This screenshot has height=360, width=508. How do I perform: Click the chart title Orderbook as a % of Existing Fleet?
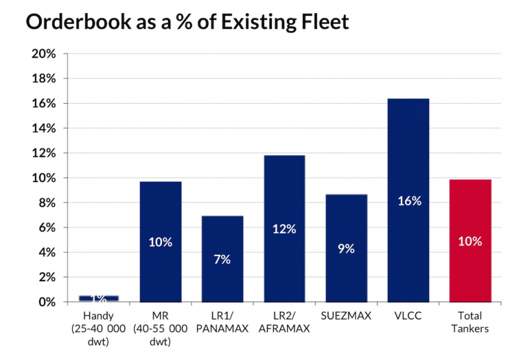(x=187, y=22)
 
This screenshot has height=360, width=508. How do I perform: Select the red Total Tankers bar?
(x=470, y=241)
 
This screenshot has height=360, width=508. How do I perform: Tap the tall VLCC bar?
(x=408, y=200)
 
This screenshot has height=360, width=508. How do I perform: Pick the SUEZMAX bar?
(x=346, y=248)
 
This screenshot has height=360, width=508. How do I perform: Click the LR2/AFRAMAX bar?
(x=284, y=228)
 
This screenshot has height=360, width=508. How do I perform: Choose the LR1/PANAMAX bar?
(x=222, y=259)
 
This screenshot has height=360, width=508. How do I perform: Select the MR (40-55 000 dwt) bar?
(x=160, y=242)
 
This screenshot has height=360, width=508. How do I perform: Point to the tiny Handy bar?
(x=98, y=298)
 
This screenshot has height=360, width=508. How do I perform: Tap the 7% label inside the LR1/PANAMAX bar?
(x=222, y=259)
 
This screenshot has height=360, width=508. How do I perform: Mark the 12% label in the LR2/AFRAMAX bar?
(x=284, y=229)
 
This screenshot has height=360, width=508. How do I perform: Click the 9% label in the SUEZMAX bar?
(x=346, y=249)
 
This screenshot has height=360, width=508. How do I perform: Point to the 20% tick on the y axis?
(x=43, y=54)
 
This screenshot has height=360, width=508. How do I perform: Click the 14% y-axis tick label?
(x=43, y=128)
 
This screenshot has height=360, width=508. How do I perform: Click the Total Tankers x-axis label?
(x=470, y=322)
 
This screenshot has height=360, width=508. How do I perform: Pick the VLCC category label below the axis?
(x=408, y=316)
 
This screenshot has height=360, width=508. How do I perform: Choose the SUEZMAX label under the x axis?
(x=346, y=316)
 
